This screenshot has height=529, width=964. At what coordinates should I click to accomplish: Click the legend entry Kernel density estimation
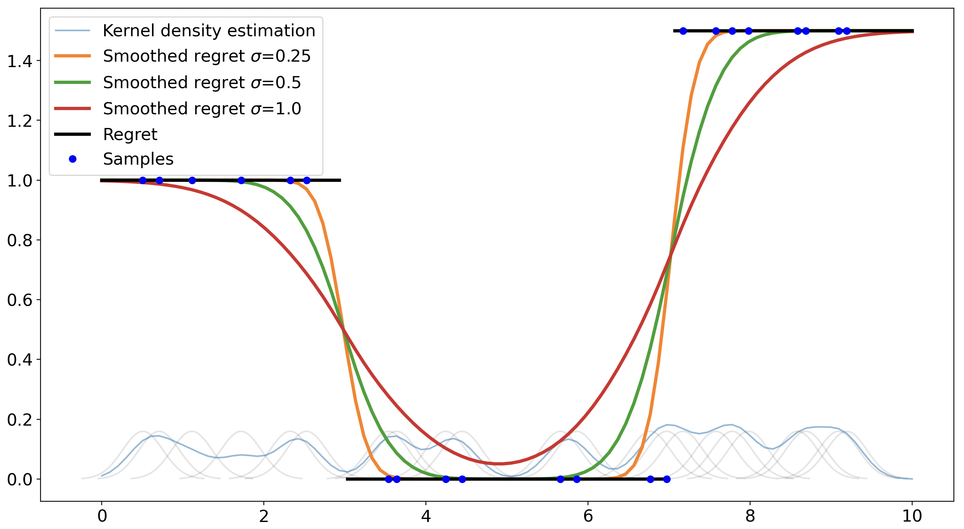[209, 30]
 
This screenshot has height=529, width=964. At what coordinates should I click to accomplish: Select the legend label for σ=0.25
[207, 56]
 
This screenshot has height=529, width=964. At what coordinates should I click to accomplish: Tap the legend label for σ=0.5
[202, 82]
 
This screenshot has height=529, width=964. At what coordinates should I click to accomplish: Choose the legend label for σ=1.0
[202, 108]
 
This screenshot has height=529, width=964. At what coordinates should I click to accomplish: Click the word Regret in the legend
[130, 134]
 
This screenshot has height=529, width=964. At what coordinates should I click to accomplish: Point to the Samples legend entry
[138, 159]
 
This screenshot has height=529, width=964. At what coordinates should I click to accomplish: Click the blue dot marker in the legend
[72, 159]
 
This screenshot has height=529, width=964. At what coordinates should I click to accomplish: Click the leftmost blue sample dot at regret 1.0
[143, 180]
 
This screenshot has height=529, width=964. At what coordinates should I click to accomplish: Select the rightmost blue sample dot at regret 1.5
[847, 31]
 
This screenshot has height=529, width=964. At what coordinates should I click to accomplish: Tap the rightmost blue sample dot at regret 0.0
[667, 479]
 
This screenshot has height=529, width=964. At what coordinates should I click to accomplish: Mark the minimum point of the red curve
[499, 463]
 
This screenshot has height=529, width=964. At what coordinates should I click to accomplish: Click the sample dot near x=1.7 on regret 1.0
[241, 180]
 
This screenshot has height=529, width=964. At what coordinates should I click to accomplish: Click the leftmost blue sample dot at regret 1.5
[683, 31]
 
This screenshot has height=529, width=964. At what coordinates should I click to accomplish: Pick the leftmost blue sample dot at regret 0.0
[388, 479]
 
